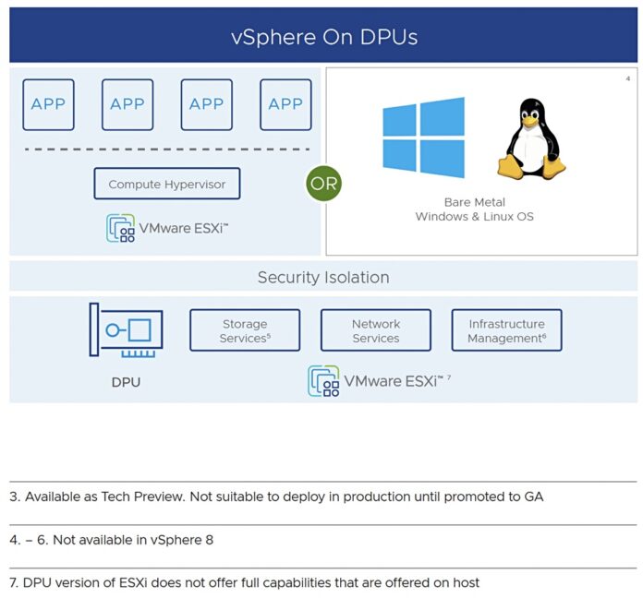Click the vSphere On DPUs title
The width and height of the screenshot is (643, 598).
[x=323, y=38]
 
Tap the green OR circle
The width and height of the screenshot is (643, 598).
[x=323, y=183]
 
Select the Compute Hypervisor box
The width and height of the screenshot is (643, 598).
[x=166, y=184]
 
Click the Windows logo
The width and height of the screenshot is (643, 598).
[x=424, y=138]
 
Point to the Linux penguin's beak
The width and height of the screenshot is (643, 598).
[x=529, y=119]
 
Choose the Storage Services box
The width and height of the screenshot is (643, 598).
[x=245, y=330]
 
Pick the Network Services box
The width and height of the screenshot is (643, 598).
[x=376, y=330]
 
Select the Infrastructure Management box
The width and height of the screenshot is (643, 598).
[x=506, y=330]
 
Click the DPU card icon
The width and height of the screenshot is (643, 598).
[x=126, y=330]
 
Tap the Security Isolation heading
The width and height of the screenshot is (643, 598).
[x=323, y=277]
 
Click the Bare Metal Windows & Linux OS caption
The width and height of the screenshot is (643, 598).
[x=474, y=209]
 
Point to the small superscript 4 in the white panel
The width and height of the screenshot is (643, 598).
[x=628, y=78]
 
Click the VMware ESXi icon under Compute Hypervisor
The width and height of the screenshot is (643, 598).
[x=120, y=227]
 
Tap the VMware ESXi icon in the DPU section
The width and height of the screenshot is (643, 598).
[x=322, y=380]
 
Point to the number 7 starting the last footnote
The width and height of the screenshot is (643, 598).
[x=13, y=582]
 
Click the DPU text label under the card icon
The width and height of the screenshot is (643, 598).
[x=126, y=381]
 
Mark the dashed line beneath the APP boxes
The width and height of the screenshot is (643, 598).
[x=166, y=149]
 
